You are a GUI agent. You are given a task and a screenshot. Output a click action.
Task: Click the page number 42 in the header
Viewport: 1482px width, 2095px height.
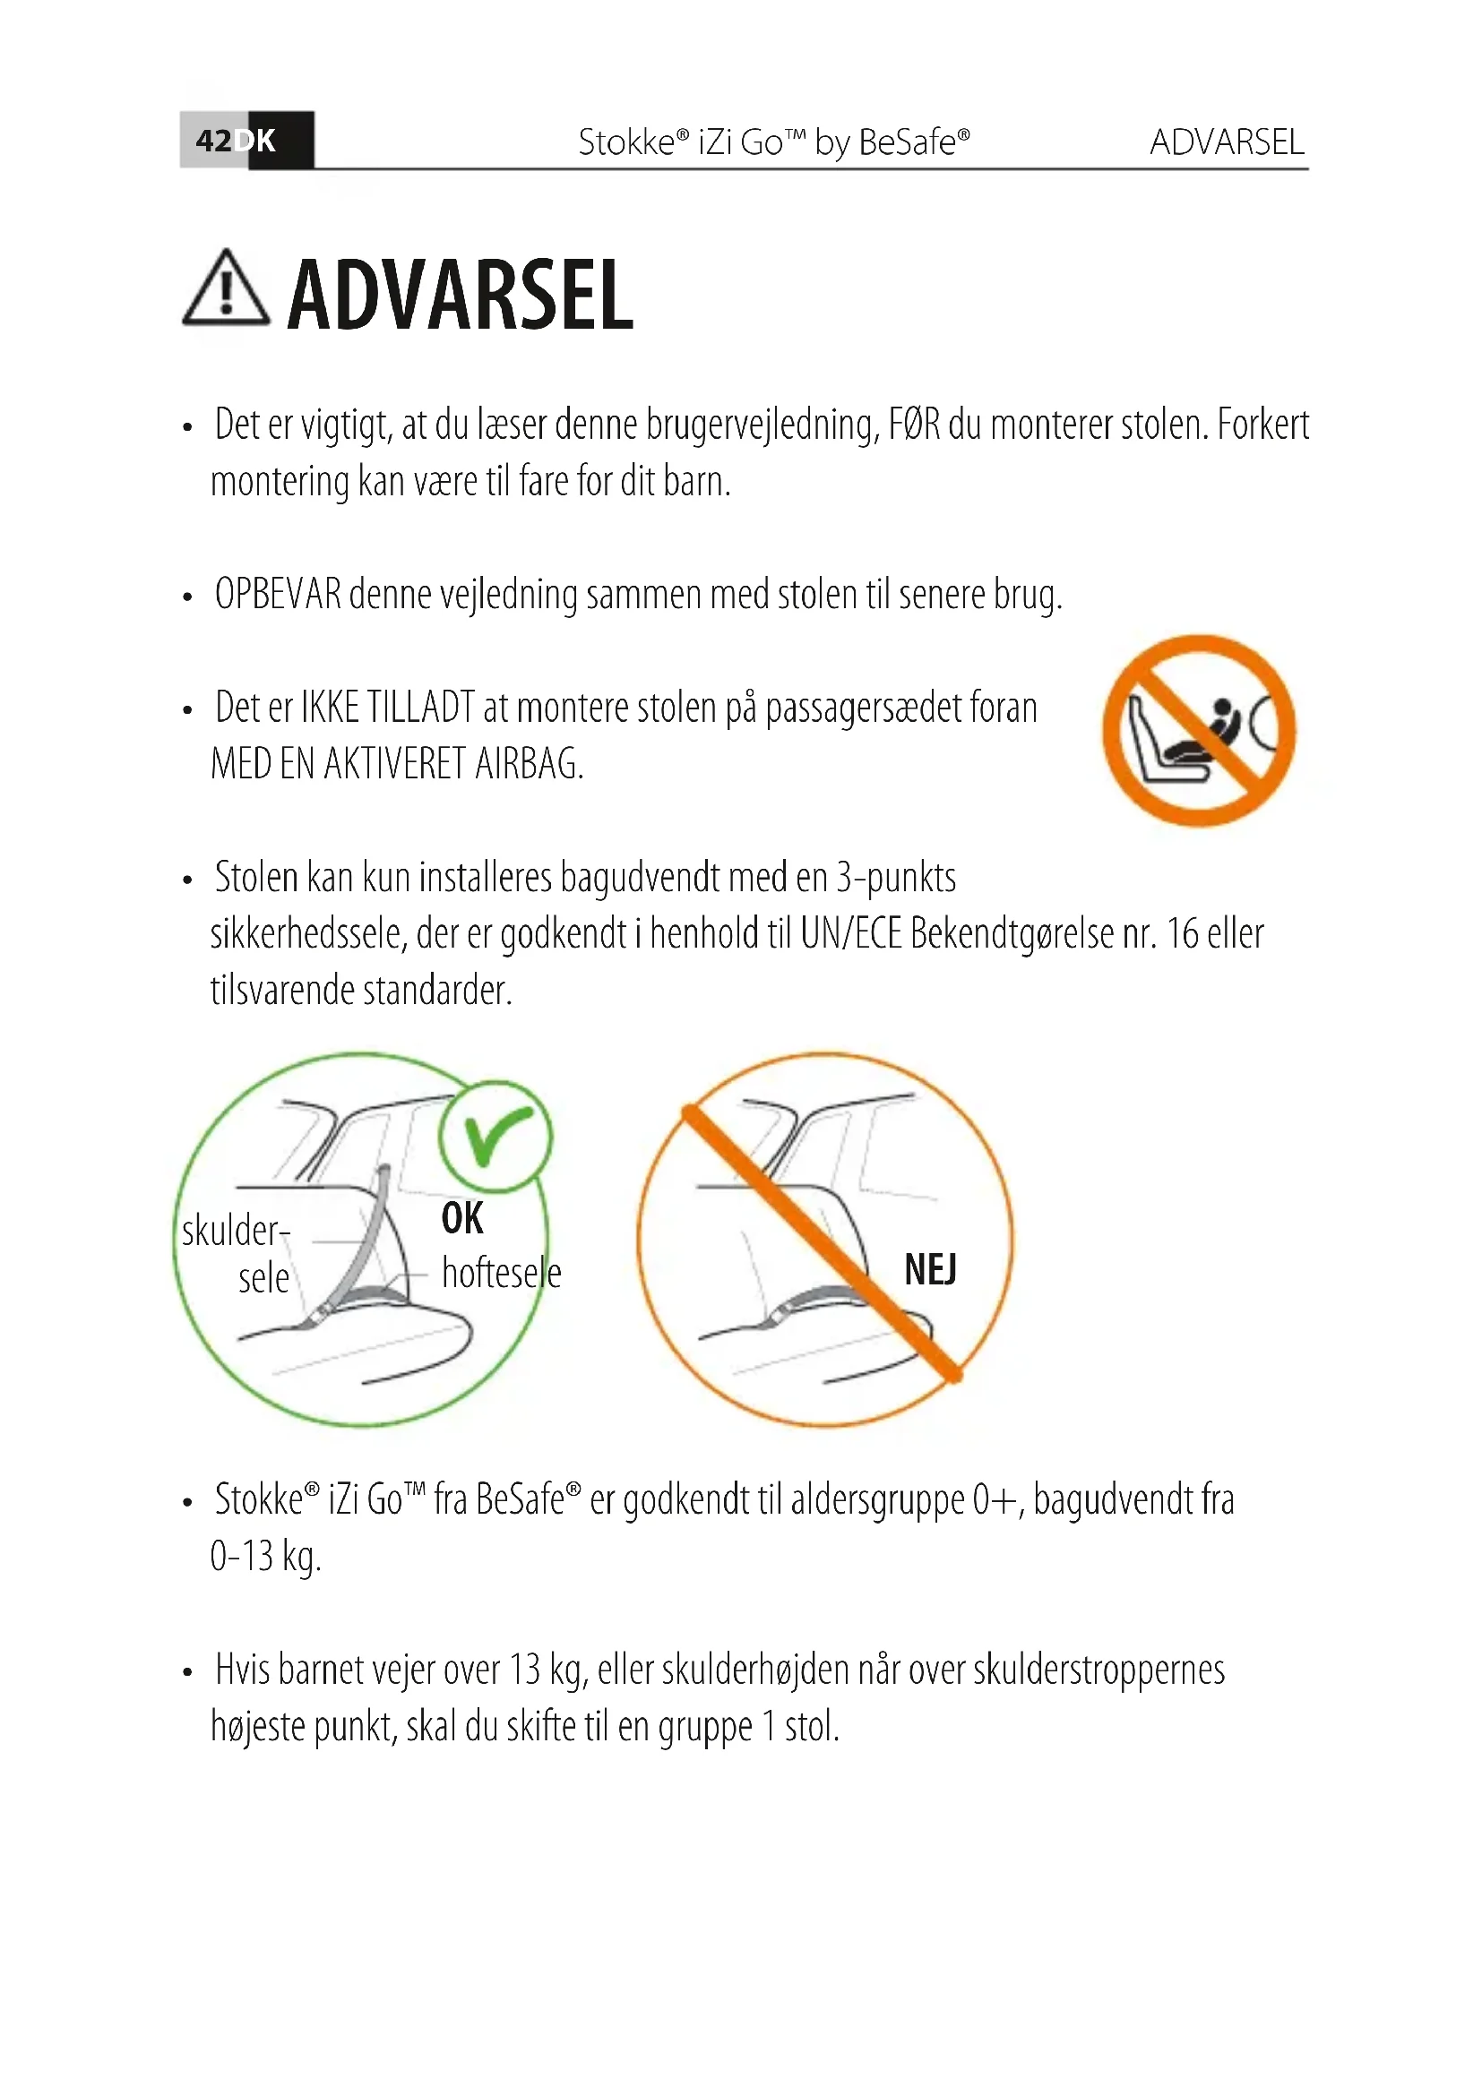tap(213, 141)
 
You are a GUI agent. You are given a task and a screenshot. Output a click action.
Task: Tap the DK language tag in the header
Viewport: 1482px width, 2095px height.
tap(256, 141)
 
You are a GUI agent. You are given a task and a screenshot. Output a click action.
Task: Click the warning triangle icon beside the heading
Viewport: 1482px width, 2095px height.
tap(226, 290)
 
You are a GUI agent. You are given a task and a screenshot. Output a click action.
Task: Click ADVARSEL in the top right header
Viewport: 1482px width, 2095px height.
tap(1227, 142)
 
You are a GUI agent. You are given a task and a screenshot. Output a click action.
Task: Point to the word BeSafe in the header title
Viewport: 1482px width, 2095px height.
tap(907, 142)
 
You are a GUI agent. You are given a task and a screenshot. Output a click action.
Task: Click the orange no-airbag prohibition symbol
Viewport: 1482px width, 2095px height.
tap(1198, 731)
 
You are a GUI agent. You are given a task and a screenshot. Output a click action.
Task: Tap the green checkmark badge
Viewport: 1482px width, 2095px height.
tap(495, 1136)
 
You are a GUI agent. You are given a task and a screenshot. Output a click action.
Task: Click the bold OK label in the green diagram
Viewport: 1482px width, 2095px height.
tap(461, 1218)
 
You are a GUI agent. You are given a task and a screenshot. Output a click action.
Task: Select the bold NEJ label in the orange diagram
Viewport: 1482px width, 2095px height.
tap(930, 1269)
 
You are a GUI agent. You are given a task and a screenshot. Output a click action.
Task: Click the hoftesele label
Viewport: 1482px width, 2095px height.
tap(501, 1273)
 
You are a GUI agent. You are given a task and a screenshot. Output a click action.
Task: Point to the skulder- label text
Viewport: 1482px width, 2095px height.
tap(236, 1231)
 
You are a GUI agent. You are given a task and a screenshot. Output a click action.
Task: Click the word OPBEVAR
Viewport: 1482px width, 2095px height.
tap(278, 595)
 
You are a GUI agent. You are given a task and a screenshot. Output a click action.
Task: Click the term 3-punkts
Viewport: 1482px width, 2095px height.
tap(896, 878)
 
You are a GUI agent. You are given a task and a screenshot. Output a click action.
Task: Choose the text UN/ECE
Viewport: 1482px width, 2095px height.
tap(850, 934)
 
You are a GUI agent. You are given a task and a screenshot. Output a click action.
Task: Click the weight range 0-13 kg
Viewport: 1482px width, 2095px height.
tap(265, 1556)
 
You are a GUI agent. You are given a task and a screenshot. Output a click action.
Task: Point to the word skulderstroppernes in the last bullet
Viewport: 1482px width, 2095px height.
tap(1099, 1670)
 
